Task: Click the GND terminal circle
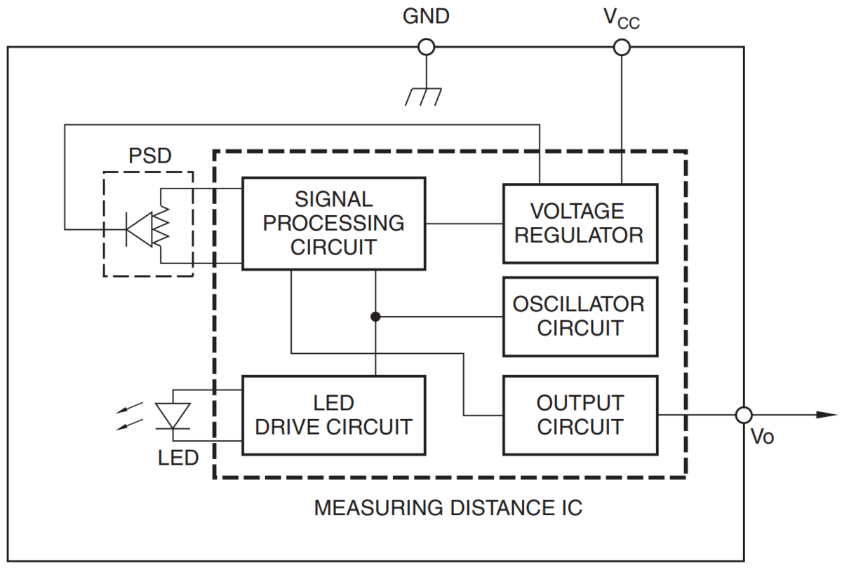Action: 426,47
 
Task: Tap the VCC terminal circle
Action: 621,47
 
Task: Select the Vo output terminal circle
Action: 744,415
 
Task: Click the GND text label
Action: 426,17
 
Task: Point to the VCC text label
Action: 622,19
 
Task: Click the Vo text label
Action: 762,437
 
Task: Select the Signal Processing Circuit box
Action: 333,223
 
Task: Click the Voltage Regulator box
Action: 580,223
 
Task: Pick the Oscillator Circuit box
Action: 580,316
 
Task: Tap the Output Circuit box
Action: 580,415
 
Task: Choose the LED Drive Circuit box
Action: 333,415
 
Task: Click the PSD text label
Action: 149,156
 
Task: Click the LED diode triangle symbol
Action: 172,415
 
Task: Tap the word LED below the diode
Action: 178,458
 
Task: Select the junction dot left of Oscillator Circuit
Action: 375,317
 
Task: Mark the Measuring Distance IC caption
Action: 448,507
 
